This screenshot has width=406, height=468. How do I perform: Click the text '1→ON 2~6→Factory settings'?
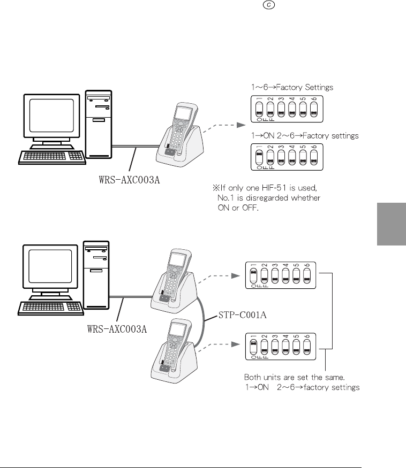pyautogui.click(x=305, y=136)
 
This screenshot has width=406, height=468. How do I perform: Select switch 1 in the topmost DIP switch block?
pyautogui.click(x=259, y=109)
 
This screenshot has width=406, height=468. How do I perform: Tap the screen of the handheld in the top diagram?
pyautogui.click(x=183, y=113)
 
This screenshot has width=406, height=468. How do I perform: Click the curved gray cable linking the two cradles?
pyautogui.click(x=204, y=317)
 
